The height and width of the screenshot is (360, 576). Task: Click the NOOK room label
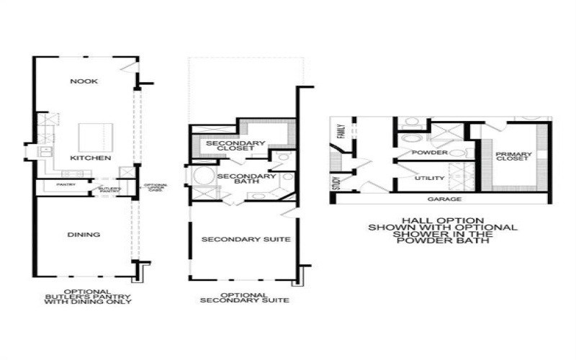84,81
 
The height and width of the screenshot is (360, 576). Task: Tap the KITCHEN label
90,157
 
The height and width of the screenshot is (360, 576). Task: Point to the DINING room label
85,235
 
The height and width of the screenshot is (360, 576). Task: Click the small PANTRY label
55,184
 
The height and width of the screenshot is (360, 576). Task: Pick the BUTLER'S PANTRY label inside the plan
110,189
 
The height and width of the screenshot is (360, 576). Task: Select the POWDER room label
430,153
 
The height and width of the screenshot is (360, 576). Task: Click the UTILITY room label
430,178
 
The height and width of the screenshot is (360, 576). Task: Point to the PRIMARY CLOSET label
514,156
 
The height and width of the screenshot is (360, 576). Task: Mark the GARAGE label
444,199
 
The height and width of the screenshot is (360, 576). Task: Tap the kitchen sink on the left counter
45,150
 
